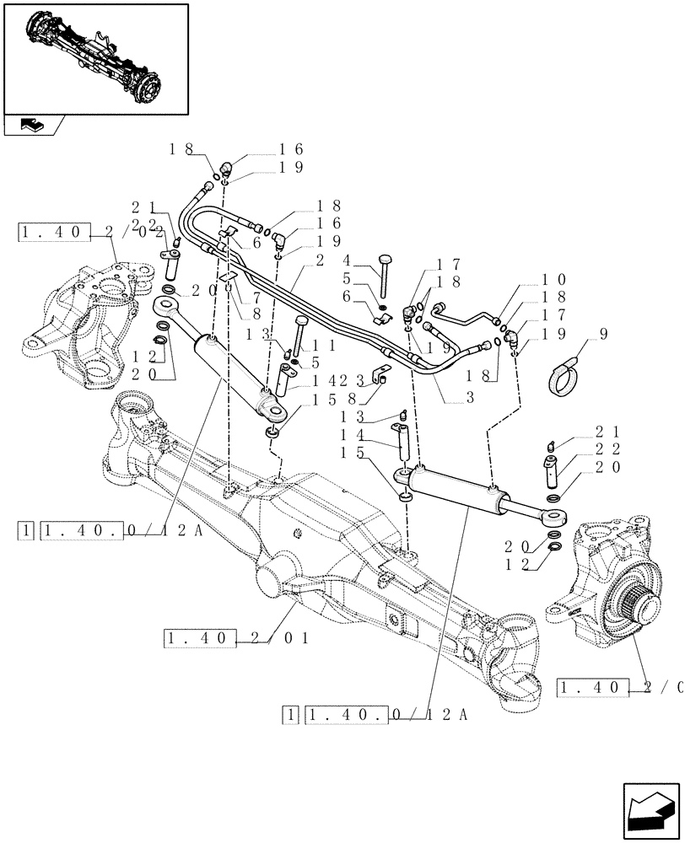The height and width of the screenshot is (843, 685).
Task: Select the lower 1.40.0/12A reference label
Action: (x=375, y=716)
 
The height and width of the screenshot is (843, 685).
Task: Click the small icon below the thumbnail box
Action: (x=32, y=126)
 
